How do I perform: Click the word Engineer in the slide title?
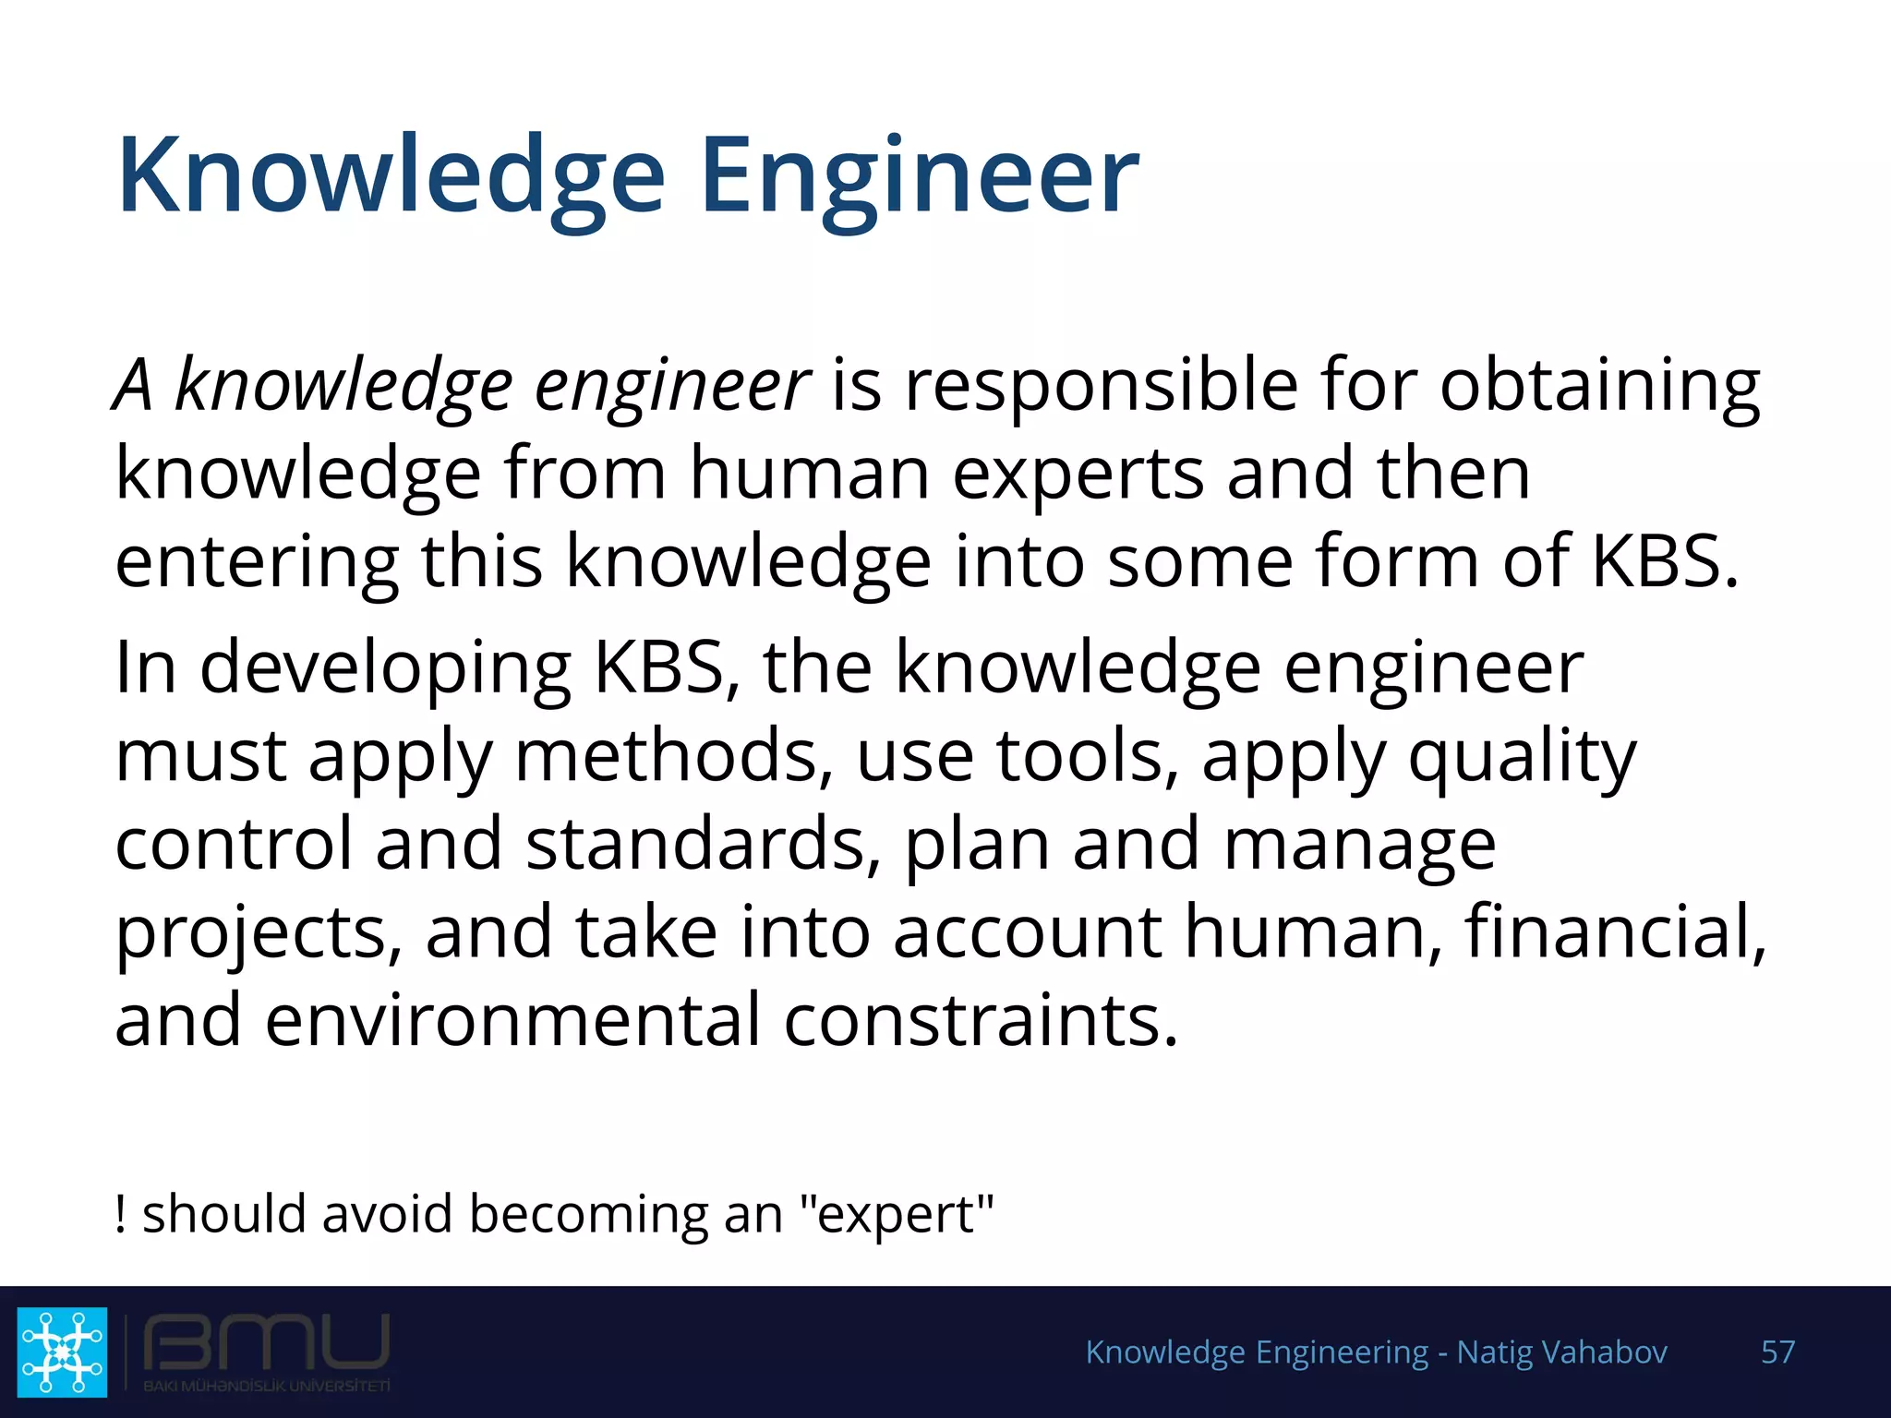[x=920, y=175]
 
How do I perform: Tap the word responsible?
[x=1102, y=386]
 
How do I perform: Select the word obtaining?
[x=1600, y=386]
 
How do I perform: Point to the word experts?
[x=1078, y=475]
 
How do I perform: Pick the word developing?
[x=385, y=668]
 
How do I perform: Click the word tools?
[x=1087, y=755]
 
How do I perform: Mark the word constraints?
[x=981, y=1019]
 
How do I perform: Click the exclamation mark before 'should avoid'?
[x=120, y=1213]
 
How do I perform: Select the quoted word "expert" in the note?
[x=897, y=1215]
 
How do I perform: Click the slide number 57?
[x=1777, y=1352]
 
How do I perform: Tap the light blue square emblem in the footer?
[x=62, y=1352]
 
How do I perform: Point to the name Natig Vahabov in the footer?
[x=1561, y=1352]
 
